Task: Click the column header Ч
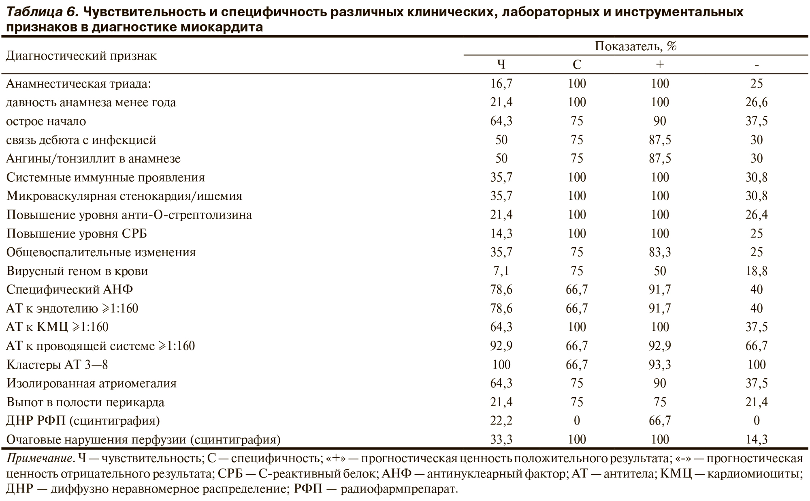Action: (501, 64)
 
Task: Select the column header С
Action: (577, 64)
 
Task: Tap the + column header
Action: (660, 64)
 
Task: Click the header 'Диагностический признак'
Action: (81, 56)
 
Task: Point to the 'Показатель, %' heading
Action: (635, 46)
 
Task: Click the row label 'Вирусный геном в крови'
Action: (77, 271)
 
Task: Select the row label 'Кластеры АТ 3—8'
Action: (57, 365)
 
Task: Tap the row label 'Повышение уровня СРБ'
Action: (77, 233)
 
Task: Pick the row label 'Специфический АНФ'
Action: (70, 289)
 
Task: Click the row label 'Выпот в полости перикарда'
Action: (85, 402)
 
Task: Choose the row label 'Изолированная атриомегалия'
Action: (92, 383)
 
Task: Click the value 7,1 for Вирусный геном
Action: (501, 271)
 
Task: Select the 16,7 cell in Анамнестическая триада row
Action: (501, 83)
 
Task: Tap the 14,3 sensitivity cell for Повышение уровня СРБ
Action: (501, 233)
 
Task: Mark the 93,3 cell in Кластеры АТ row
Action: (660, 365)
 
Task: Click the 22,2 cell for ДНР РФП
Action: (501, 421)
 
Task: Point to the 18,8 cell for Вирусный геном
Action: (756, 271)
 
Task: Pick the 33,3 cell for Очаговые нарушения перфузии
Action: (501, 439)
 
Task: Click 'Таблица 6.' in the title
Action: (42, 12)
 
